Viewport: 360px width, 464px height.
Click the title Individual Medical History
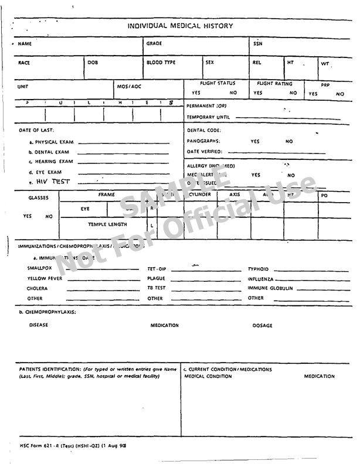(x=180, y=26)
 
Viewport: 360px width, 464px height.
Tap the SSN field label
(x=258, y=43)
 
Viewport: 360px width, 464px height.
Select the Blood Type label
(x=161, y=62)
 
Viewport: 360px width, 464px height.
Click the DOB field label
(x=93, y=62)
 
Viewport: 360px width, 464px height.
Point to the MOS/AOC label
(x=129, y=87)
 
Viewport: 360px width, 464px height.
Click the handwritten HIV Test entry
(x=53, y=182)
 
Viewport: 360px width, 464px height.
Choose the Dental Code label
(x=204, y=131)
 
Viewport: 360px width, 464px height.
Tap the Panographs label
(x=203, y=141)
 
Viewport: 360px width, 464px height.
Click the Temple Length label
(x=107, y=224)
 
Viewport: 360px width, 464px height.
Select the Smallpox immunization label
(x=40, y=268)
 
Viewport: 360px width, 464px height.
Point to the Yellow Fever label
(x=44, y=278)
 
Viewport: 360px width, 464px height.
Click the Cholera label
(x=37, y=288)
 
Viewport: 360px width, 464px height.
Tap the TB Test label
(x=156, y=288)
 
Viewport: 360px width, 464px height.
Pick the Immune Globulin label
(x=270, y=288)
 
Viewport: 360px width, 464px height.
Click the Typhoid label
(x=258, y=269)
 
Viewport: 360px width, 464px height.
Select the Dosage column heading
(x=262, y=326)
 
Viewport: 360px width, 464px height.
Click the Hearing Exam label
(x=51, y=162)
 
